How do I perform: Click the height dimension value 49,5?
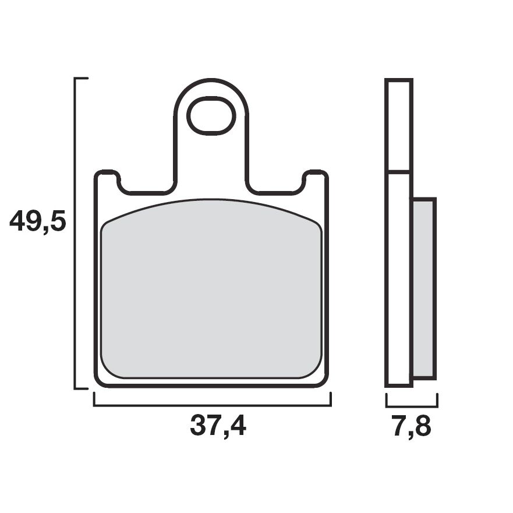[x=38, y=222]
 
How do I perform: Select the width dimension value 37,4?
[x=218, y=427]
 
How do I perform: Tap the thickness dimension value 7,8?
[x=411, y=427]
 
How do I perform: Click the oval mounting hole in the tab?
[x=211, y=116]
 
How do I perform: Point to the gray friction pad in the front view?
[x=211, y=291]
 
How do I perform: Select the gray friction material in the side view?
[x=423, y=288]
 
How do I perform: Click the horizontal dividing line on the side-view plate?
[x=399, y=172]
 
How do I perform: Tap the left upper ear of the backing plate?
[x=107, y=178]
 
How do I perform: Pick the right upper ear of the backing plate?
[x=316, y=178]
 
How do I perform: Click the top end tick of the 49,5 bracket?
[x=82, y=78]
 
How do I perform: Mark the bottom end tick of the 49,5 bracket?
[x=82, y=388]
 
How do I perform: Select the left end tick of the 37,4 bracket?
[x=95, y=399]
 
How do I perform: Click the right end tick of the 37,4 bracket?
[x=330, y=399]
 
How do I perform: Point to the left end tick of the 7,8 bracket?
[x=387, y=400]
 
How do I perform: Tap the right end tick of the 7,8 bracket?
[x=437, y=400]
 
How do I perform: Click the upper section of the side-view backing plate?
[x=399, y=125]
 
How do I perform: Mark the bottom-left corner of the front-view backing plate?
[x=99, y=382]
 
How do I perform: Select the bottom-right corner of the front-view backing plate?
[x=324, y=382]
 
